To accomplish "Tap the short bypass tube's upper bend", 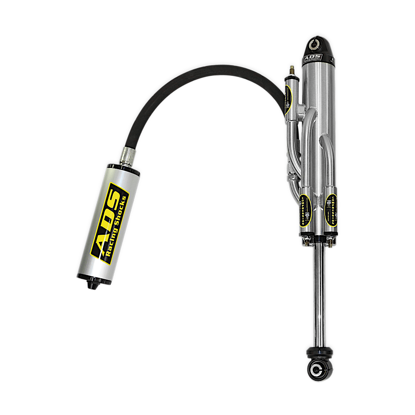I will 327,144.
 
